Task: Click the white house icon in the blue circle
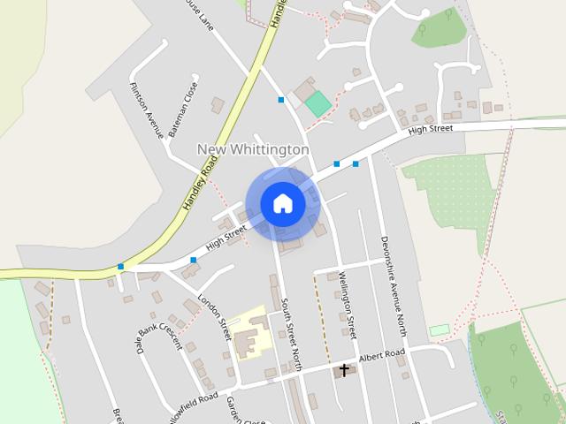tap(282, 203)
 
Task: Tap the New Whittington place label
tap(253, 150)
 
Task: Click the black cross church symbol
tap(344, 370)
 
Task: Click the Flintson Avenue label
tap(142, 110)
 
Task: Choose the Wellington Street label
tap(347, 305)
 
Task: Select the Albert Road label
tap(382, 355)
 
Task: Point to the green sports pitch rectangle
tap(318, 105)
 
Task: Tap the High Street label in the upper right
tap(431, 129)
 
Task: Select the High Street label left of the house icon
tap(226, 237)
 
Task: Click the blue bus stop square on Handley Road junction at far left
tap(120, 266)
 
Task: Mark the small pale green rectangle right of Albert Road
tap(440, 330)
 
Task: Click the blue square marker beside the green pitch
tap(281, 100)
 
